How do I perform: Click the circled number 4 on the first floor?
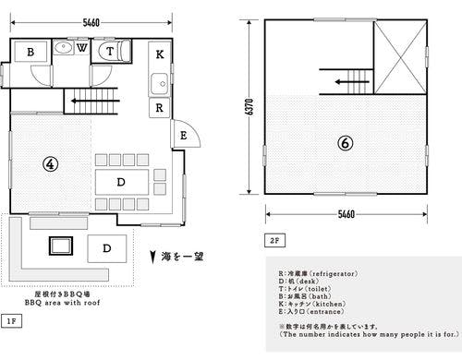(x=52, y=164)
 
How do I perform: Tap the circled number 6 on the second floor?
(x=344, y=143)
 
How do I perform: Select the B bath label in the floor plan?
(x=30, y=53)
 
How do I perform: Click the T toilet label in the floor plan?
(x=110, y=53)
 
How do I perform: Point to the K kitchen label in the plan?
(x=160, y=54)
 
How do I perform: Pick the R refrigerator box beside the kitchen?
(x=160, y=107)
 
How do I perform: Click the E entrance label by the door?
(x=184, y=136)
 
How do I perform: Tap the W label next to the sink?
(x=83, y=47)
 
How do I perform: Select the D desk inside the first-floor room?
(x=121, y=181)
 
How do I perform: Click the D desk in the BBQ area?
(x=108, y=247)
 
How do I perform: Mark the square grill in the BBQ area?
(x=61, y=246)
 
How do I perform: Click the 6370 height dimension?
(x=249, y=108)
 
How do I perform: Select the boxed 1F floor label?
(x=12, y=320)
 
